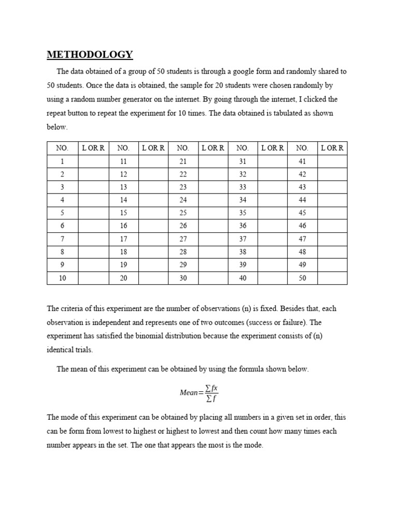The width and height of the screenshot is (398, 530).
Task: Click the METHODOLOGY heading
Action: [x=90, y=54]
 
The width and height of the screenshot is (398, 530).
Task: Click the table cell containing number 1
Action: [x=62, y=161]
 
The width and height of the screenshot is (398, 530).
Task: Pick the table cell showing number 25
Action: [x=183, y=213]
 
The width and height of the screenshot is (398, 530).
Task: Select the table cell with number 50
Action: [x=302, y=278]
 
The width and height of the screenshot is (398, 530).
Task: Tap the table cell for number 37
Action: [x=243, y=239]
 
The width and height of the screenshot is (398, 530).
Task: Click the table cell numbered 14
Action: [x=123, y=200]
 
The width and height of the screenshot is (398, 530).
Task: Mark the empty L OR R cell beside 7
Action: [x=93, y=239]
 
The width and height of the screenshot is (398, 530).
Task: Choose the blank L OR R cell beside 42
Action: [x=332, y=174]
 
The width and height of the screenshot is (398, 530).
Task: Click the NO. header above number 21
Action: [x=183, y=148]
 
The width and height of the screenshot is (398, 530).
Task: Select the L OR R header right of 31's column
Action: [x=273, y=148]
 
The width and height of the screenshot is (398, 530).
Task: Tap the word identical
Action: [x=60, y=350]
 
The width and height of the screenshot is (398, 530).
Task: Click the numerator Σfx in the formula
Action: [x=212, y=388]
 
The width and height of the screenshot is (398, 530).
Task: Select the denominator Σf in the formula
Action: [x=211, y=398]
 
